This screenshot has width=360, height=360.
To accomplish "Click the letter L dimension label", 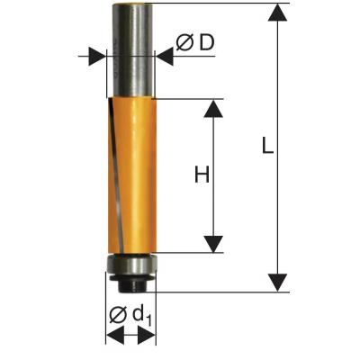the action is [267, 146].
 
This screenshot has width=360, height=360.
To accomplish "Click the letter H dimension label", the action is [202, 175].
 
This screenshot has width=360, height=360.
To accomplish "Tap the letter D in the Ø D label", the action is [207, 42].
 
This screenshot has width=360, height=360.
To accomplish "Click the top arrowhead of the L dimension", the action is [277, 12].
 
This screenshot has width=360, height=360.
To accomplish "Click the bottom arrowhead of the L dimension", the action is [277, 283].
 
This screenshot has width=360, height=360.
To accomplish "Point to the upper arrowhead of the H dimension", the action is [213, 108].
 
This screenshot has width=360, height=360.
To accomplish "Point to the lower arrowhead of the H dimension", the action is [213, 244].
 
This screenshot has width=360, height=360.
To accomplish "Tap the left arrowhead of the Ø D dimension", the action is [97, 56].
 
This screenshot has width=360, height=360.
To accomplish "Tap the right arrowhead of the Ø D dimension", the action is [165, 56].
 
